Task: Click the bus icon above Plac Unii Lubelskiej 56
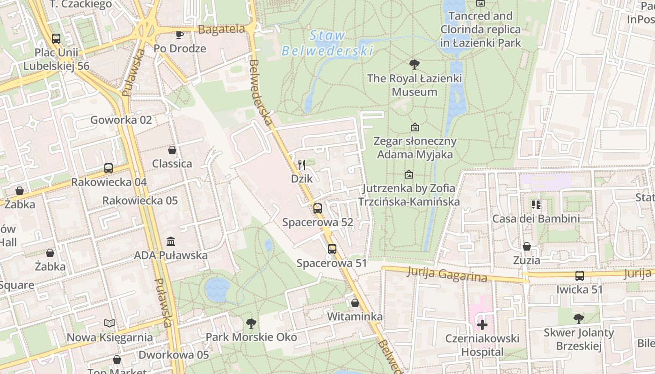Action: [56, 39]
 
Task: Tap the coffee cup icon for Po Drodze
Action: [180, 35]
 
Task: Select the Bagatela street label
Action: [221, 29]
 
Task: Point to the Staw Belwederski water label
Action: [327, 43]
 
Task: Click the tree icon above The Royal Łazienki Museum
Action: [414, 65]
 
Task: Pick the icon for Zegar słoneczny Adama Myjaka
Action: [415, 127]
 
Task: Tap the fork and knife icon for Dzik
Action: [302, 165]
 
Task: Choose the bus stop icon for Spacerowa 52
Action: [318, 209]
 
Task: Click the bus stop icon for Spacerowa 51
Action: [332, 249]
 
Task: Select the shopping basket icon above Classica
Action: [172, 150]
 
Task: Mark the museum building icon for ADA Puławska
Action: [171, 242]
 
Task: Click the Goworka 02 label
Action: [121, 120]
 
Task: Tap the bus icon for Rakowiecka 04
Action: [109, 168]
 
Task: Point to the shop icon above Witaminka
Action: [355, 303]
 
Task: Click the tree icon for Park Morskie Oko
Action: [251, 323]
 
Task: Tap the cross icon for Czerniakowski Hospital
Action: [482, 324]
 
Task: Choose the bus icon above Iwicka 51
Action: [580, 276]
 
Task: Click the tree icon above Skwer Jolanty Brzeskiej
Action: [579, 319]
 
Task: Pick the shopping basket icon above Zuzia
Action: [527, 246]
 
